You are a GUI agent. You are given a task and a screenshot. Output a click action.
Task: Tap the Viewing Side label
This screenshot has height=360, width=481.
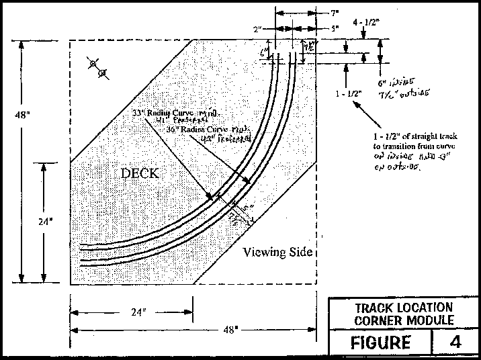click(277, 253)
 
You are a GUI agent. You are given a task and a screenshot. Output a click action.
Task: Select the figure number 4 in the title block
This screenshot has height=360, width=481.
click(456, 342)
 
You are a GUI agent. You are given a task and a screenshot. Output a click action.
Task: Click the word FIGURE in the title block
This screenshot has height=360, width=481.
click(381, 342)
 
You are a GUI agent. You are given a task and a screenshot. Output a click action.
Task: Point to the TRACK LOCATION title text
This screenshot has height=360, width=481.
click(403, 308)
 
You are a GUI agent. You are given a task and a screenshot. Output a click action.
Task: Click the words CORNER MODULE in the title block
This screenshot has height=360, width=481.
click(403, 320)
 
